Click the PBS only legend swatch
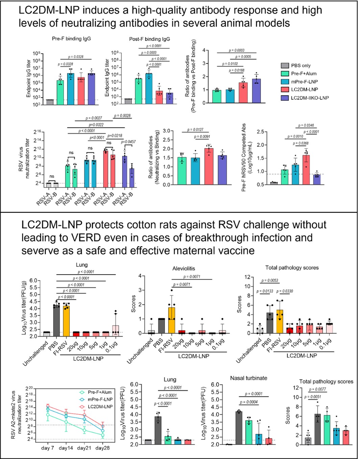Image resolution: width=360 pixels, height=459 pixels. tap(285, 66)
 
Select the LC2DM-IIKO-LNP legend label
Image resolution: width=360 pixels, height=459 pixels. tap(310, 98)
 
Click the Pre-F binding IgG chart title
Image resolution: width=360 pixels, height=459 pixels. tap(71, 39)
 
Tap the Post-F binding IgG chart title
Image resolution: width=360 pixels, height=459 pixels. tap(149, 39)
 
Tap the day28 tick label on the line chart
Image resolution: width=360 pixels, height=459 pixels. tap(102, 448)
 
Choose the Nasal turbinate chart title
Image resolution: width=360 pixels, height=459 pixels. tap(248, 378)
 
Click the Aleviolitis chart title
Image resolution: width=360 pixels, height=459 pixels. tap(184, 268)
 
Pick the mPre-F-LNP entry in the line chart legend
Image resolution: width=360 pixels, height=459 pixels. tap(100, 399)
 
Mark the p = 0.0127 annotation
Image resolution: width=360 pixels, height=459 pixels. tap(195, 130)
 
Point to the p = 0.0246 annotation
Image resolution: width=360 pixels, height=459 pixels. tap(306, 125)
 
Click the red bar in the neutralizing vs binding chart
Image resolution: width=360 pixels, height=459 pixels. tap(209, 166)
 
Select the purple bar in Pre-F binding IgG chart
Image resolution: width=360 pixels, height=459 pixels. tap(91, 89)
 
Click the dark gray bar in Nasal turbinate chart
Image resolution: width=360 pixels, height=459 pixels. tap(239, 428)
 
